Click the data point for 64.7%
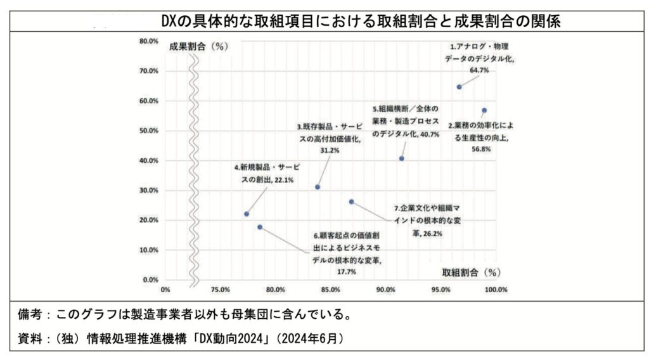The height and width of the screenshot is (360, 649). pyautogui.click(x=459, y=87)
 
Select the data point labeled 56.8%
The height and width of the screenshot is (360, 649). pyautogui.click(x=484, y=110)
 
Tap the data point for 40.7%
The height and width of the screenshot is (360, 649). pyautogui.click(x=401, y=158)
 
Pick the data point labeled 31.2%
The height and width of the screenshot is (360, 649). pyautogui.click(x=318, y=187)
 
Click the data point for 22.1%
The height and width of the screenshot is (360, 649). pyautogui.click(x=247, y=214)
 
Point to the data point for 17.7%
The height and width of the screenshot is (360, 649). pyautogui.click(x=260, y=227)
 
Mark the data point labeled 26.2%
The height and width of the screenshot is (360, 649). pyautogui.click(x=352, y=202)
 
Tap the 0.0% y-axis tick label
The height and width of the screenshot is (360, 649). pyautogui.click(x=150, y=280)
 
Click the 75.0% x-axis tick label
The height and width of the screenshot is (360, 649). pyautogui.click(x=220, y=290)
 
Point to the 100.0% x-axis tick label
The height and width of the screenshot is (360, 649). pyautogui.click(x=496, y=290)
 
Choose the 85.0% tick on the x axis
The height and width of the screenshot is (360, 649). pyautogui.click(x=330, y=290)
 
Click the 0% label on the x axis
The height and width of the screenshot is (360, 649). pyautogui.click(x=166, y=290)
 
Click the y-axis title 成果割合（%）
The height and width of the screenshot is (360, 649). pyautogui.click(x=198, y=46)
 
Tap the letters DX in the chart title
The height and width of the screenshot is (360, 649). pyautogui.click(x=168, y=22)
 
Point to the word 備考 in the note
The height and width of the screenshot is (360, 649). pyautogui.click(x=30, y=314)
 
